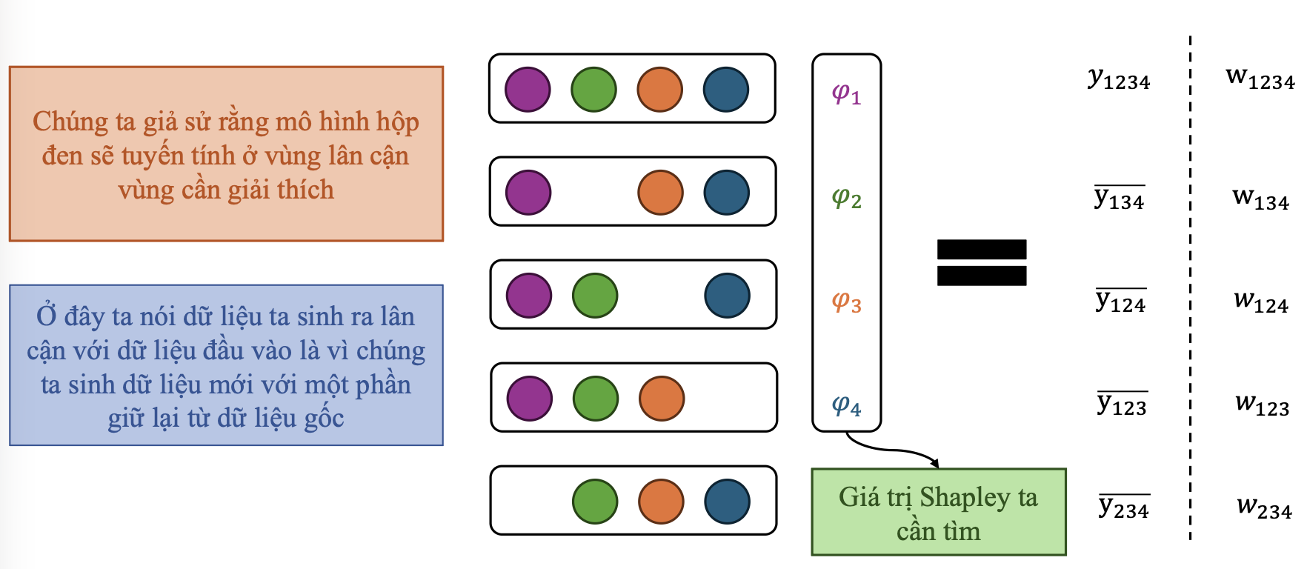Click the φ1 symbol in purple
pyautogui.click(x=846, y=95)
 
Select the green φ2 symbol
pyautogui.click(x=846, y=199)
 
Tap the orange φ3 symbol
pyautogui.click(x=846, y=302)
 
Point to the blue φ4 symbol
pyautogui.click(x=846, y=406)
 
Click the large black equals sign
pyautogui.click(x=982, y=262)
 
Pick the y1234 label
pyautogui.click(x=1119, y=79)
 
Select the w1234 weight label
pyautogui.click(x=1260, y=78)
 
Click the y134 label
pyautogui.click(x=1120, y=198)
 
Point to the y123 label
pyautogui.click(x=1122, y=405)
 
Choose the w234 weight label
pyautogui.click(x=1264, y=508)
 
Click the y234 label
pyautogui.click(x=1123, y=508)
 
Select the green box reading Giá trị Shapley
pyautogui.click(x=939, y=512)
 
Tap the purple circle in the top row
pyautogui.click(x=528, y=89)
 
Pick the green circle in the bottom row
pyautogui.click(x=595, y=501)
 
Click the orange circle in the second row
pyautogui.click(x=660, y=192)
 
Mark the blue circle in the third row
pyautogui.click(x=727, y=295)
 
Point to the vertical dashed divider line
pyautogui.click(x=1191, y=296)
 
